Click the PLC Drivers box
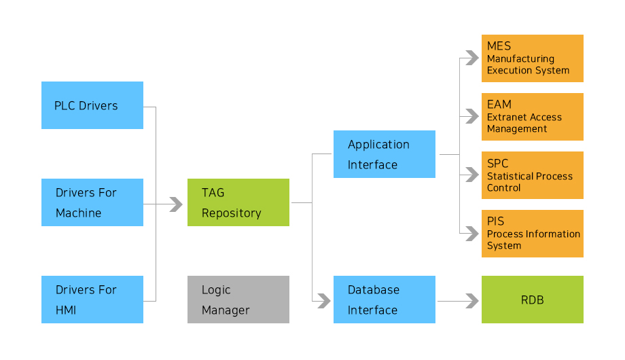pos(92,105)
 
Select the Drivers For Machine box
pos(92,202)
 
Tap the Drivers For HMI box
pos(92,300)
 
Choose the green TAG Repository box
pos(238,202)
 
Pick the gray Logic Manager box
pos(238,300)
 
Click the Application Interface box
pos(385,154)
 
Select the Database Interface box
pos(385,300)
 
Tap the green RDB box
pos(533,300)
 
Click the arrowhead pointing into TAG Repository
pos(176,204)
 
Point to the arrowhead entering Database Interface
pos(323,301)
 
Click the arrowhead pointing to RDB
pos(472,301)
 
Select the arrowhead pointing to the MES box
pos(472,58)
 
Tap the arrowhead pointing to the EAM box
pos(472,116)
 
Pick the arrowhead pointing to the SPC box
pos(472,175)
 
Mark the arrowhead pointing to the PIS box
pos(472,234)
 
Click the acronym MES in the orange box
pos(499,46)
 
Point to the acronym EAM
pos(499,105)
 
